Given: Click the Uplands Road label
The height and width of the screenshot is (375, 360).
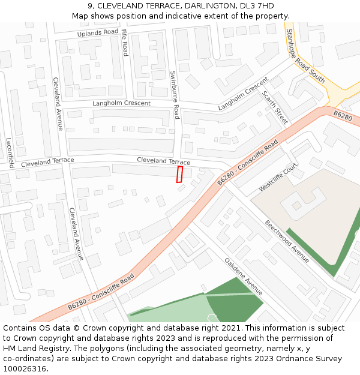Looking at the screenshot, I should pyautogui.click(x=98, y=32).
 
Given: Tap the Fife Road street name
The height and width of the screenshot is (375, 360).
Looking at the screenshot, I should pyautogui.click(x=125, y=43).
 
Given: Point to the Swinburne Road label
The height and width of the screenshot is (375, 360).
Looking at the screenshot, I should pyautogui.click(x=175, y=95).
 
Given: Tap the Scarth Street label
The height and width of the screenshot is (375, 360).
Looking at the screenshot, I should pyautogui.click(x=275, y=107).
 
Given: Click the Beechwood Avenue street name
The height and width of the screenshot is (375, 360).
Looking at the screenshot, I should pyautogui.click(x=288, y=241).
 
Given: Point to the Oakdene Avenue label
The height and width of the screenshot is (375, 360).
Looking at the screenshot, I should pyautogui.click(x=244, y=277).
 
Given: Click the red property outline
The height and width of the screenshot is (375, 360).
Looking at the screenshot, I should pyautogui.click(x=179, y=175).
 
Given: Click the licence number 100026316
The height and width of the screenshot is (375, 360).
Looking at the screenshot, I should pyautogui.click(x=26, y=369).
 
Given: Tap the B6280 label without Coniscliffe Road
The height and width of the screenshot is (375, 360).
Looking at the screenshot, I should pyautogui.click(x=343, y=115).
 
